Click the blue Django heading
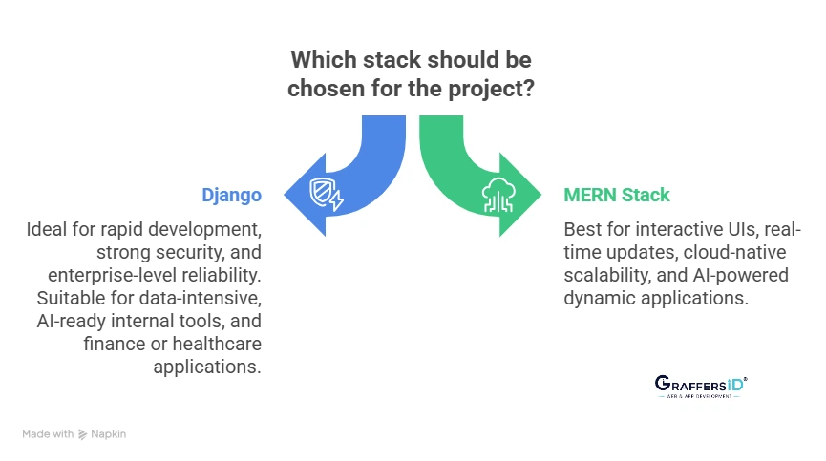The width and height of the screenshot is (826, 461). (231, 195)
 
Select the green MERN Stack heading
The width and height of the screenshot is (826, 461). (617, 195)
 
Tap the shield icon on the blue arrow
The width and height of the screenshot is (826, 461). (327, 194)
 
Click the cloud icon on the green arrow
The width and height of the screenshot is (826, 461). (499, 194)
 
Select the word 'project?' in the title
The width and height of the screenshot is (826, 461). (498, 92)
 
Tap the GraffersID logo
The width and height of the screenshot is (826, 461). (702, 384)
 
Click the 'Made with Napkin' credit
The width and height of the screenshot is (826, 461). (74, 434)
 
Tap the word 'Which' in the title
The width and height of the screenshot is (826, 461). (322, 59)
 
